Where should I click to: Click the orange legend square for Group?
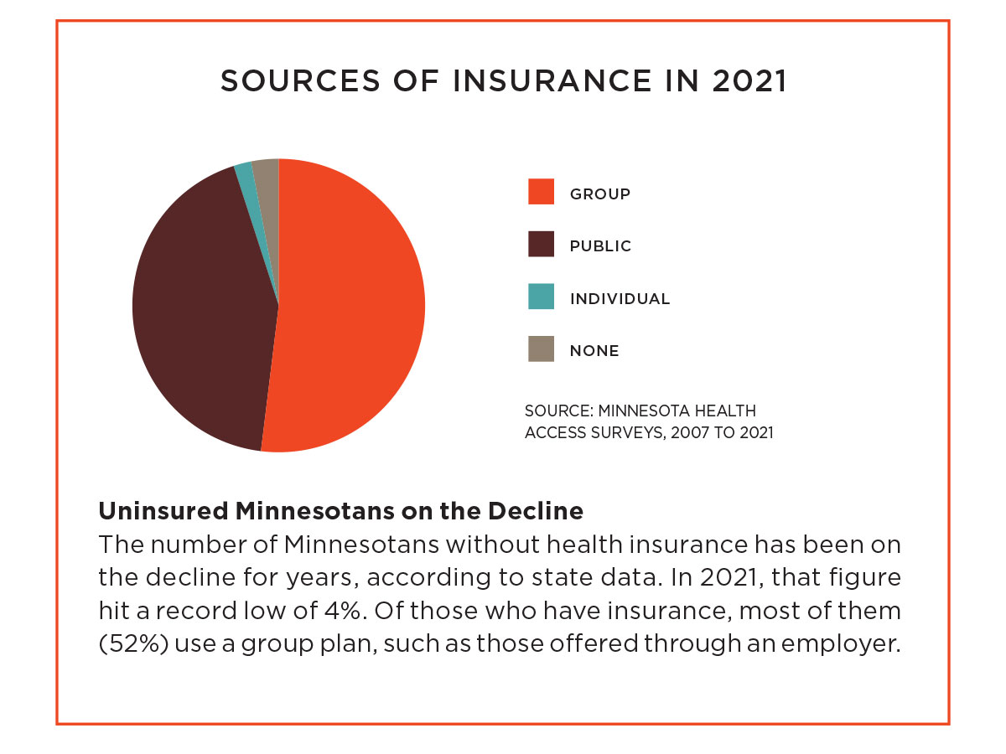[541, 192]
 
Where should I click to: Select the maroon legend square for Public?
[541, 245]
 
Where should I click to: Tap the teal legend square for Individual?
[541, 297]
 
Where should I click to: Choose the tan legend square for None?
[541, 349]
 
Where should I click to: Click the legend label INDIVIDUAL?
[620, 299]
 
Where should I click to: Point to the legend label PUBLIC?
[600, 246]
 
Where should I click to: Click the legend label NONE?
[594, 351]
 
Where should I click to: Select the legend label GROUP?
[600, 194]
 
